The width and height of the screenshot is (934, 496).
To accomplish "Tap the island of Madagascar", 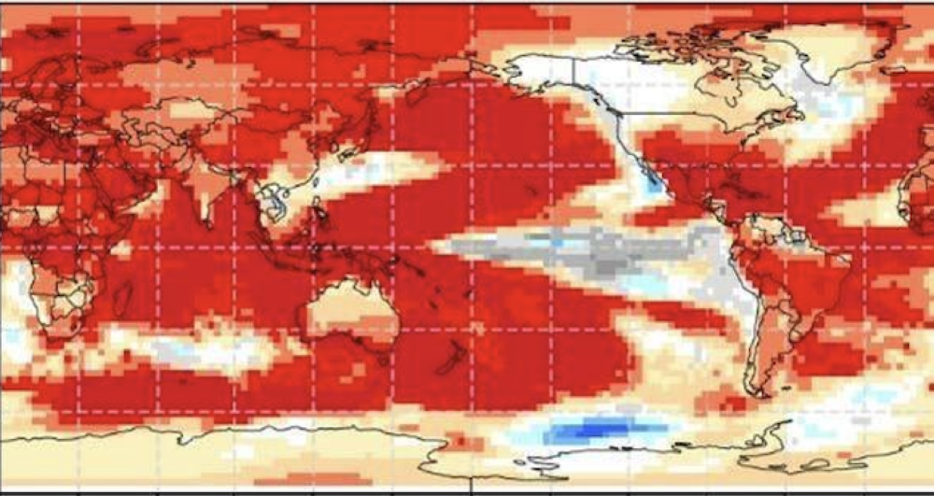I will pyautogui.click(x=122, y=299).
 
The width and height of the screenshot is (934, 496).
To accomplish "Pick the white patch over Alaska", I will pyautogui.click(x=542, y=70).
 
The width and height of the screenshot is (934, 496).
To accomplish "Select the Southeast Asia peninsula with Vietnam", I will pyautogui.click(x=276, y=201).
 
